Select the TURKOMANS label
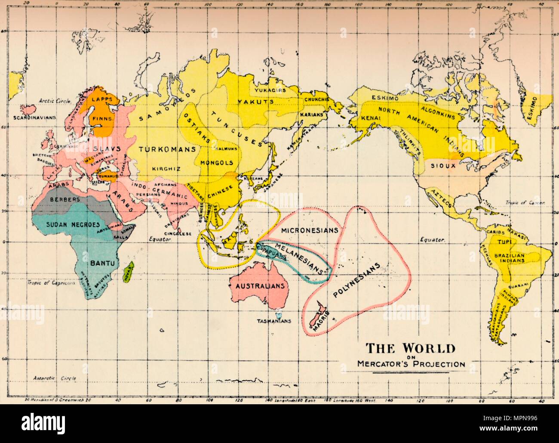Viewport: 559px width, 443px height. tap(167, 149)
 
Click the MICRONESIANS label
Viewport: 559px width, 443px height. tap(310, 230)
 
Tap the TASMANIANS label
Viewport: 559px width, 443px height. tap(274, 321)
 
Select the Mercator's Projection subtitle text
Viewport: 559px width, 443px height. tap(411, 364)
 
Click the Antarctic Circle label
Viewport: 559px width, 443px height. tap(55, 378)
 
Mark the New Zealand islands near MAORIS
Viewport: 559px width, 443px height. tap(317, 314)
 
